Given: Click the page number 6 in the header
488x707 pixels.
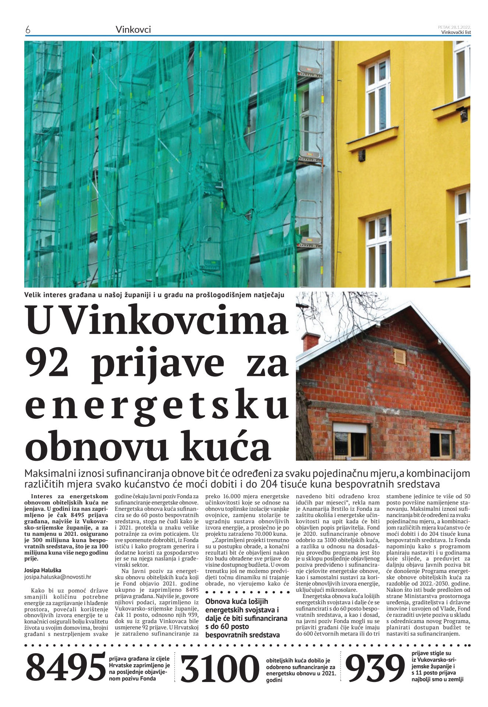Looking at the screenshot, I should tap(28, 30).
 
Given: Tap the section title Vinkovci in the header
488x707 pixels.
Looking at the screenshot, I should tap(133, 29).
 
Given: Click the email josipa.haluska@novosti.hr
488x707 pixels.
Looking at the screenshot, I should tap(58, 577).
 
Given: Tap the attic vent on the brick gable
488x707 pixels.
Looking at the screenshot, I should tap(399, 355).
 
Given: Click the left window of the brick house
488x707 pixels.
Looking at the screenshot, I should tap(350, 436).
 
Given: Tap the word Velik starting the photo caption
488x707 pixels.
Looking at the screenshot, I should tap(32, 295).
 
